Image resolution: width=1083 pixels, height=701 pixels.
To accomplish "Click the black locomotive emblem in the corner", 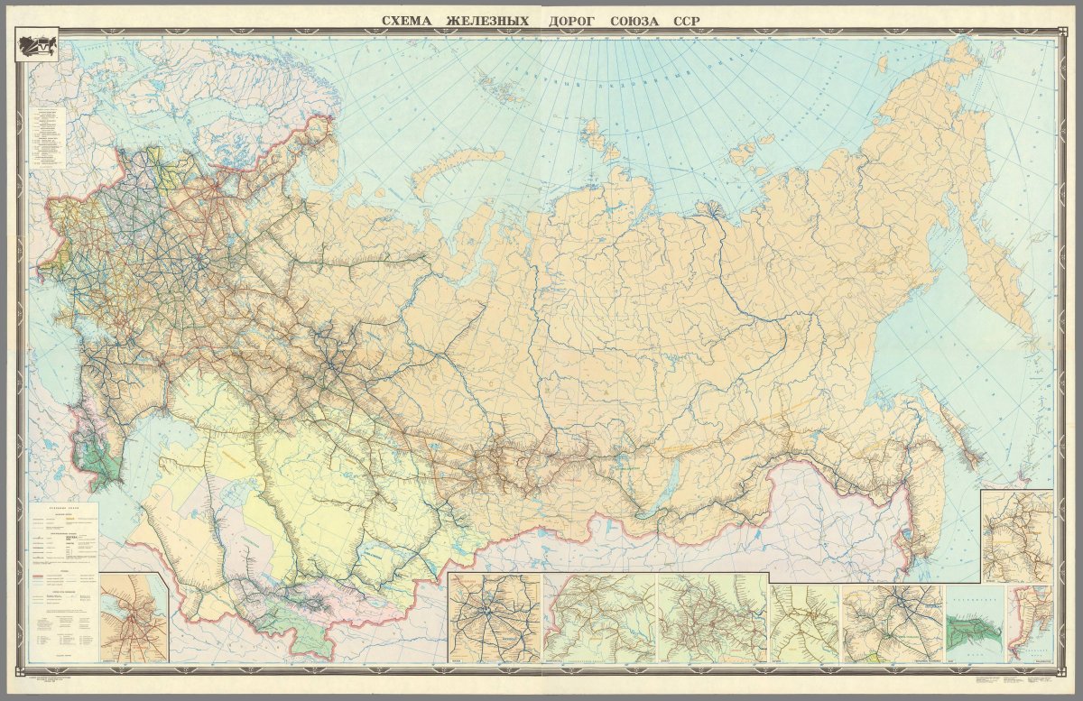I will (39, 46).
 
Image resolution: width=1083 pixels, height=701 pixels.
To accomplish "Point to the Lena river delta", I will (712, 211).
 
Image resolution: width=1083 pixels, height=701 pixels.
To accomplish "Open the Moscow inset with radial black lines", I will (494, 618).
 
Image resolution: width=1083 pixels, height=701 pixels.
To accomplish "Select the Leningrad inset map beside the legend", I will (134, 618).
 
